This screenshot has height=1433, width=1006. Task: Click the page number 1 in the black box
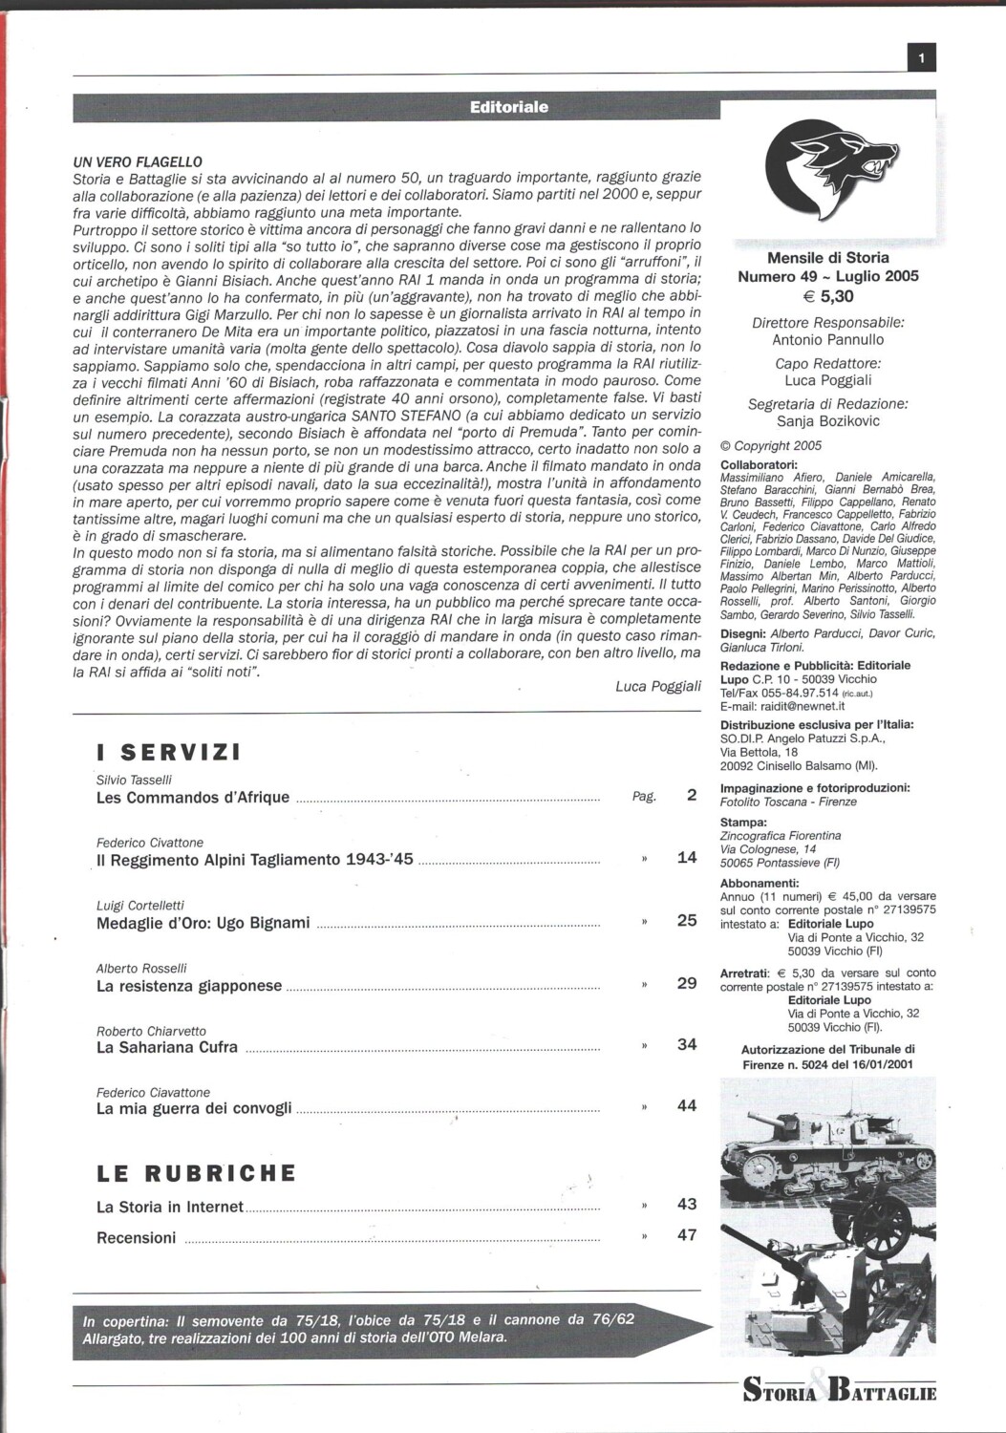coord(921,59)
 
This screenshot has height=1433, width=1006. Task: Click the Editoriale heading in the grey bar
coord(509,107)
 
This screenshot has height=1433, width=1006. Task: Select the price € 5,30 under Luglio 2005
coord(828,297)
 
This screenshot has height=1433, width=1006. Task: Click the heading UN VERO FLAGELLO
coord(138,162)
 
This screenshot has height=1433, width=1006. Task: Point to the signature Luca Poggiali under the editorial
coord(658,686)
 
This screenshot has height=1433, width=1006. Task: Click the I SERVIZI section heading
coord(169,752)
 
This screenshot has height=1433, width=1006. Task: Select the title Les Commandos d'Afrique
coord(193,797)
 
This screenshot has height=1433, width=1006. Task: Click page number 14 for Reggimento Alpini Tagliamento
coord(686,857)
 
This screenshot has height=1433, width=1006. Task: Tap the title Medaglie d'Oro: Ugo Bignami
coord(203,923)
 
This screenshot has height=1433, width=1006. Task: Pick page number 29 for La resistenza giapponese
coord(686,983)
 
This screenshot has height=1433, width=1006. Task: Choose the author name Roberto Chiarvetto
coord(151,1032)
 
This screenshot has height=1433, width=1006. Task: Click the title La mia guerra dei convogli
coord(194,1108)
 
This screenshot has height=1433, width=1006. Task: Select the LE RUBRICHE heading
coord(197,1172)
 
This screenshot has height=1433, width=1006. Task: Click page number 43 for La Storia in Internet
coord(686,1204)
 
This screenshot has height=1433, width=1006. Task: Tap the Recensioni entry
coord(137,1237)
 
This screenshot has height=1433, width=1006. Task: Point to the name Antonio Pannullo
coord(828,340)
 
